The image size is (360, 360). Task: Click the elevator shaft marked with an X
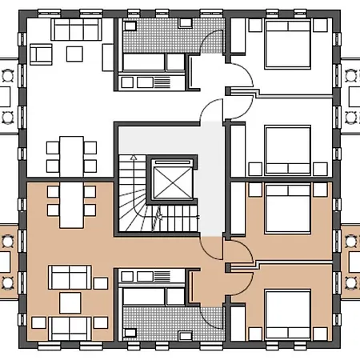[170, 182]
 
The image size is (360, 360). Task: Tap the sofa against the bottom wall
[70, 326]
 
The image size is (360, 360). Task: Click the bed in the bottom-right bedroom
[287, 312]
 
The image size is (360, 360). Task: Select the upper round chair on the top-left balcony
[8, 74]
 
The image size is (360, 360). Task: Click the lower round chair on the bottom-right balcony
[351, 281]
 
